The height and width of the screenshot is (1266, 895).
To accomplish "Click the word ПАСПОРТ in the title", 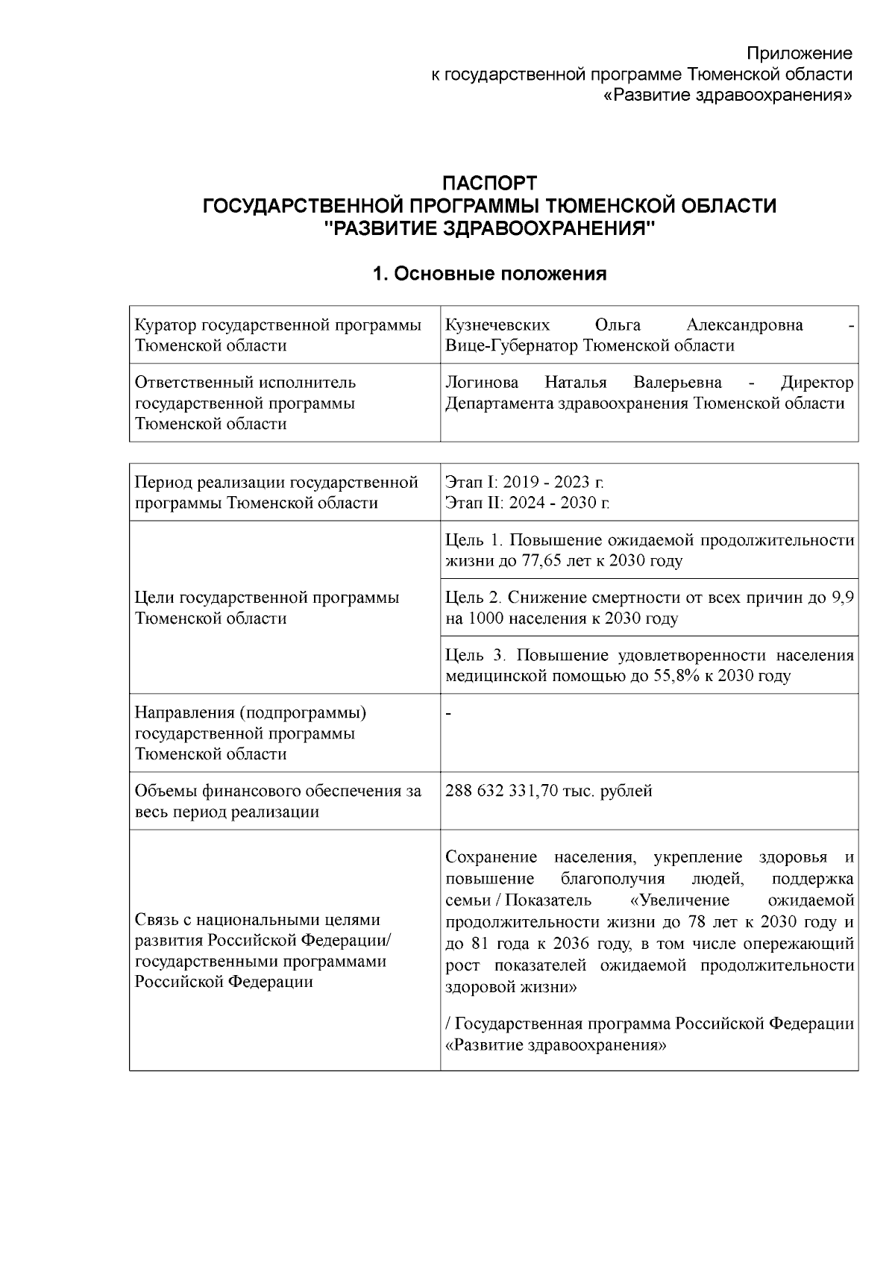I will point(489,183).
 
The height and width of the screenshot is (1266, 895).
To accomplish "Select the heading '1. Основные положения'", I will point(489,274).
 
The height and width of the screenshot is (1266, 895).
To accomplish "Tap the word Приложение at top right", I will point(800,54).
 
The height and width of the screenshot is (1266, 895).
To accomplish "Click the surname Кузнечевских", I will point(497,325).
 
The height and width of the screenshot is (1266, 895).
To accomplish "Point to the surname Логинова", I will point(482,383).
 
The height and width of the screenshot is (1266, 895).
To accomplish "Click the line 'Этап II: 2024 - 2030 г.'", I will point(527,503).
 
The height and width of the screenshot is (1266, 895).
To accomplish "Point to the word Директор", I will point(817,383).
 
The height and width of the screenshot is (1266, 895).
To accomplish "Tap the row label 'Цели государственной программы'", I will point(267,598).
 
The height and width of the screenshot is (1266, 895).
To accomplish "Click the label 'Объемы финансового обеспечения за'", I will point(277,791).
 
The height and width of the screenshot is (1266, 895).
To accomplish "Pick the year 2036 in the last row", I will point(571,944).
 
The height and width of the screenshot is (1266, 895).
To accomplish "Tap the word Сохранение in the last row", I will point(491,856).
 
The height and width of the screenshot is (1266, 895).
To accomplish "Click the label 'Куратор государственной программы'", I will point(277,325).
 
